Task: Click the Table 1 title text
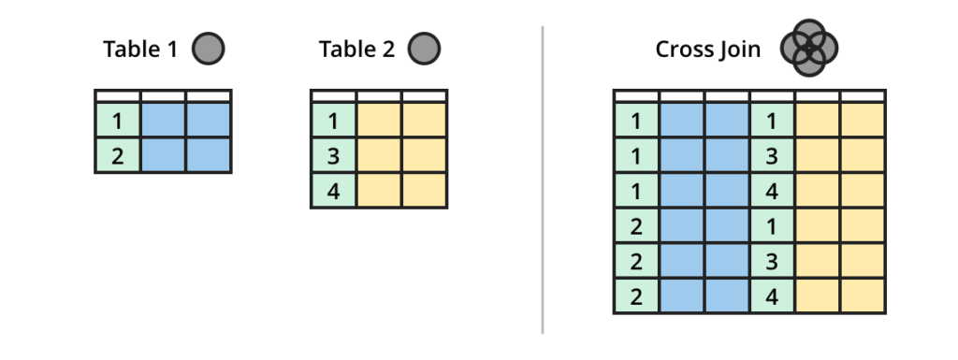[x=139, y=50]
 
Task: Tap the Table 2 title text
[x=356, y=50]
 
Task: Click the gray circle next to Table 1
[x=208, y=49]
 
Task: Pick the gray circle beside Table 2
[x=424, y=49]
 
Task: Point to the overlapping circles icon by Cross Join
[x=809, y=49]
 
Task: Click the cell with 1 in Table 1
[x=117, y=121]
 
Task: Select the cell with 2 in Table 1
[x=117, y=155]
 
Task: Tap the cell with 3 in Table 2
[x=333, y=155]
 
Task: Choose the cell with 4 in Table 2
[x=333, y=190]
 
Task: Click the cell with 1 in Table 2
[x=333, y=121]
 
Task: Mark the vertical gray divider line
[x=543, y=178]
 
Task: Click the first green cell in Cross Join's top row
[x=636, y=121]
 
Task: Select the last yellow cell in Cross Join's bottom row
[x=863, y=296]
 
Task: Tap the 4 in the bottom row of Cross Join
[x=773, y=296]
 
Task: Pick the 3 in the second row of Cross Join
[x=773, y=155]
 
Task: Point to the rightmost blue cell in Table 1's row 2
[x=208, y=155]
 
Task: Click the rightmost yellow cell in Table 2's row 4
[x=424, y=190]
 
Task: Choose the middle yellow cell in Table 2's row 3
[x=379, y=155]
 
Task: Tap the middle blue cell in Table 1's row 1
[x=163, y=121]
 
